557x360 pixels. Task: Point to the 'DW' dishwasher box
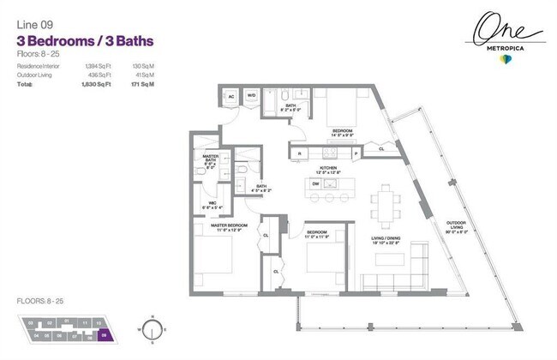[x=315, y=183]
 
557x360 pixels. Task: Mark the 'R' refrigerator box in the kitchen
[x=299, y=153]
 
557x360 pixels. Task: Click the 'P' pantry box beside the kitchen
[x=356, y=153]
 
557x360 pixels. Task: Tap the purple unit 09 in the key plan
[x=105, y=336]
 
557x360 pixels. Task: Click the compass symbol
[x=151, y=329]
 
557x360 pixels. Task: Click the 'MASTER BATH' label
[x=210, y=159]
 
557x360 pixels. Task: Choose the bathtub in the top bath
[x=271, y=103]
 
